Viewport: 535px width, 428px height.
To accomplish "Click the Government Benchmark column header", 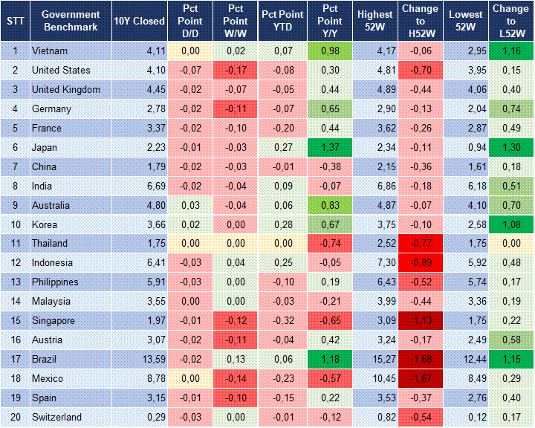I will (71, 21).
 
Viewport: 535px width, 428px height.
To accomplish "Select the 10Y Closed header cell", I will (139, 21).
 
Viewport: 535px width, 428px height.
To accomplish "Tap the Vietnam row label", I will (50, 51).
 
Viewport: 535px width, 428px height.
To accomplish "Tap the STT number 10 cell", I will (15, 224).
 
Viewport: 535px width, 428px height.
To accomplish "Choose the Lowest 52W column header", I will (466, 21).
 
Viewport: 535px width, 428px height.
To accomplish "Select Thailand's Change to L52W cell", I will (510, 244).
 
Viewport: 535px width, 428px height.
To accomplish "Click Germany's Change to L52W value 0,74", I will (510, 108).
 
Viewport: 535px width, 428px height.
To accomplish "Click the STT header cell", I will (15, 21).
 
